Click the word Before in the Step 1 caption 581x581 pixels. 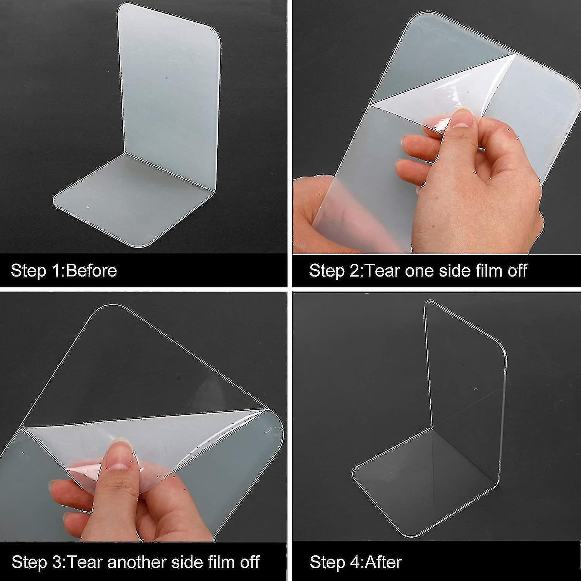tap(91, 270)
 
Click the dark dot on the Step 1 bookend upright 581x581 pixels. tap(167, 78)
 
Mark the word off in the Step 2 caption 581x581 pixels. tap(517, 270)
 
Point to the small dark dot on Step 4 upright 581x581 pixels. tap(476, 388)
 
